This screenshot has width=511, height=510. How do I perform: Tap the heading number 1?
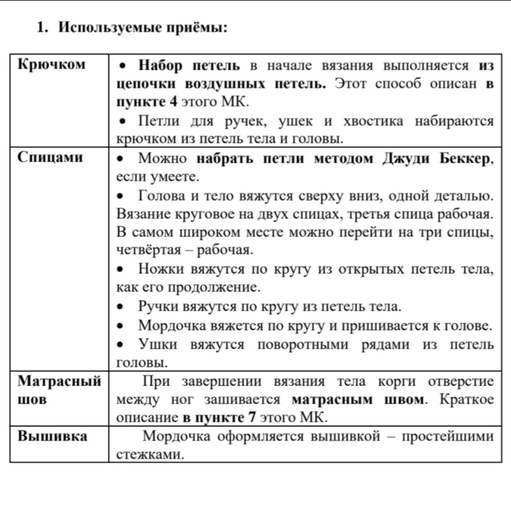(x=41, y=28)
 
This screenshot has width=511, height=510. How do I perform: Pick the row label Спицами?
(x=49, y=157)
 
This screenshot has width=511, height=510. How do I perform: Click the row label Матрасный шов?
(x=59, y=390)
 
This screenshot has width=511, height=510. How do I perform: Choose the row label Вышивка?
(x=52, y=436)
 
